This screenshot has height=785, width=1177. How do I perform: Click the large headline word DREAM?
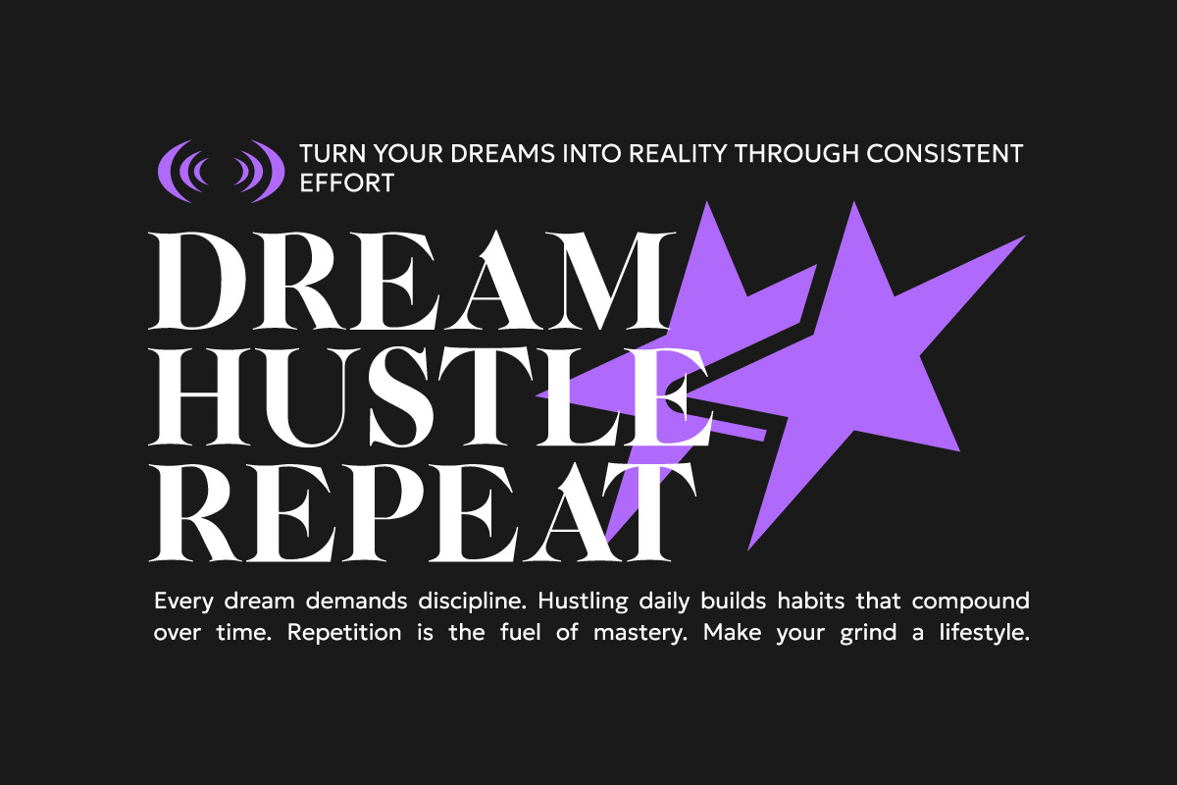click(x=412, y=281)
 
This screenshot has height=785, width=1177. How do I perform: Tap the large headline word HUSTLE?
click(x=431, y=397)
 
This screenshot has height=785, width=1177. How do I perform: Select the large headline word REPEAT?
click(x=423, y=513)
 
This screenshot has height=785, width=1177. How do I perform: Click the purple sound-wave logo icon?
click(x=222, y=172)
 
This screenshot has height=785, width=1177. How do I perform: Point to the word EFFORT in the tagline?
click(x=347, y=183)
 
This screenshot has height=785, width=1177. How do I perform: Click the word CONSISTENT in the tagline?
click(x=945, y=153)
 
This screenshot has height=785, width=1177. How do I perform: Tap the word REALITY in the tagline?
click(x=678, y=153)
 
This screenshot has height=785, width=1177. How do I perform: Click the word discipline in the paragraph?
click(x=472, y=602)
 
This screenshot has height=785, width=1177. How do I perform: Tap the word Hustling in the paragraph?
click(x=583, y=602)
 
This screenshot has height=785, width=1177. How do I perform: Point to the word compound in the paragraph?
click(x=970, y=602)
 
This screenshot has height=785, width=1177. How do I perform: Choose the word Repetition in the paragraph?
click(x=344, y=633)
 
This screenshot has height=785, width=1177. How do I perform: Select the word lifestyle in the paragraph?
click(x=984, y=633)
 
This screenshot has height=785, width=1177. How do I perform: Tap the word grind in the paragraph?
click(x=868, y=633)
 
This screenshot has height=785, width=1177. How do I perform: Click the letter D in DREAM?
click(x=198, y=281)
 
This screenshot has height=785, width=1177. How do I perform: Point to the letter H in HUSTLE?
click(x=201, y=397)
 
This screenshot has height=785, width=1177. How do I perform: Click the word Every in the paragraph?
click(x=184, y=602)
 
